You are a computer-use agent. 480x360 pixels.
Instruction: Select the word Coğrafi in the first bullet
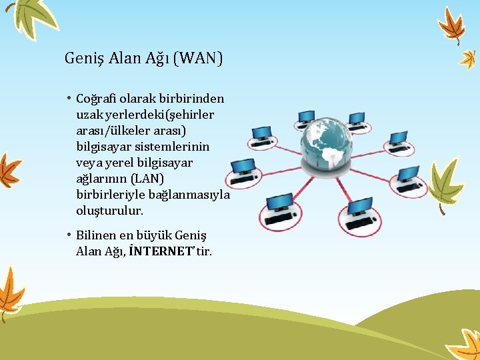[99, 99]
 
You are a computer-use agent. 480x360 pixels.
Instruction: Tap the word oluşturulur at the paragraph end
[110, 211]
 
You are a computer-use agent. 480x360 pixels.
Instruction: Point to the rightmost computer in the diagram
[407, 179]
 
